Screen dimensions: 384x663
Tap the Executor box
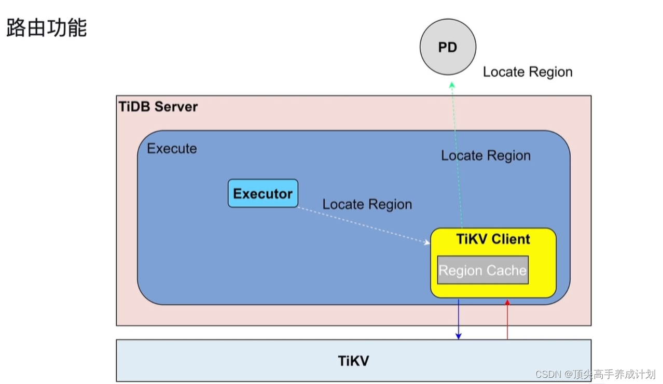263,194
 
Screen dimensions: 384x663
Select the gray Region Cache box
482,270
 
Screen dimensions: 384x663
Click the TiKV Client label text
493,239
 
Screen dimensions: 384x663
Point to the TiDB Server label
158,107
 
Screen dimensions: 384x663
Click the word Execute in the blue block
172,149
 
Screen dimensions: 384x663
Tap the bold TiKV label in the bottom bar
353,361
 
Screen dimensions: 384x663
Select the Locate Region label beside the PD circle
528,72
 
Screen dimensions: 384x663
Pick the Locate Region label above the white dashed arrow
367,204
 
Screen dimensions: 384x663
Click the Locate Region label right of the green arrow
486,155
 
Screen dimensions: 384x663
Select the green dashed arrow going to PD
457,155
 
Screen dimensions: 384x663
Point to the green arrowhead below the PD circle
452,85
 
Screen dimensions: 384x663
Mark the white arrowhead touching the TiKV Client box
426,242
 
